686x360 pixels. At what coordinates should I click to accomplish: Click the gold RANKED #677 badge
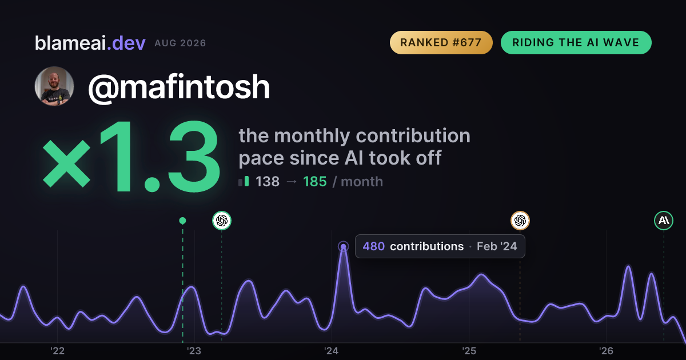click(441, 42)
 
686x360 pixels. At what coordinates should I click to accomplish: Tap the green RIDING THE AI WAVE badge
click(576, 42)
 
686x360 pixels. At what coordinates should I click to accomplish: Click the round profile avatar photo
click(54, 86)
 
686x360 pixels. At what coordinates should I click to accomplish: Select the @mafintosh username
click(179, 87)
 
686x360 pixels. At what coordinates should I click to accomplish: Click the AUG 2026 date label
click(180, 43)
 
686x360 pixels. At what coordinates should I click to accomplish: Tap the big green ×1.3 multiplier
click(131, 156)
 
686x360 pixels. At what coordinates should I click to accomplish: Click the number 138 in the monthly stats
click(268, 182)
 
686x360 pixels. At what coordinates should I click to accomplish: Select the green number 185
click(315, 182)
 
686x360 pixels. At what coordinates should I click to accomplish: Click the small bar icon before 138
click(244, 181)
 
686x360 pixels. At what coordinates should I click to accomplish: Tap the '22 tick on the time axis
click(57, 351)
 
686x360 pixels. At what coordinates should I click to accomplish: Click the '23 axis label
click(194, 351)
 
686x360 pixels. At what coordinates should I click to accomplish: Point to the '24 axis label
click(332, 351)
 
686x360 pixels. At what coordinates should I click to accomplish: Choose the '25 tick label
click(469, 351)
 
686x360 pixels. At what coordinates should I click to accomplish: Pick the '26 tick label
click(606, 351)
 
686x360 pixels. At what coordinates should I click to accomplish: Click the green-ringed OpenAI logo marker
click(222, 221)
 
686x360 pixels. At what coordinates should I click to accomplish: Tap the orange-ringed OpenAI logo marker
click(520, 221)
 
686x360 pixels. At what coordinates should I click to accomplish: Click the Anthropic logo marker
click(664, 221)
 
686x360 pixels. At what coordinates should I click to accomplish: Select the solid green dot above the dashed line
click(182, 221)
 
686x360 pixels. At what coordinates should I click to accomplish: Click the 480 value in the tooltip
click(374, 246)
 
